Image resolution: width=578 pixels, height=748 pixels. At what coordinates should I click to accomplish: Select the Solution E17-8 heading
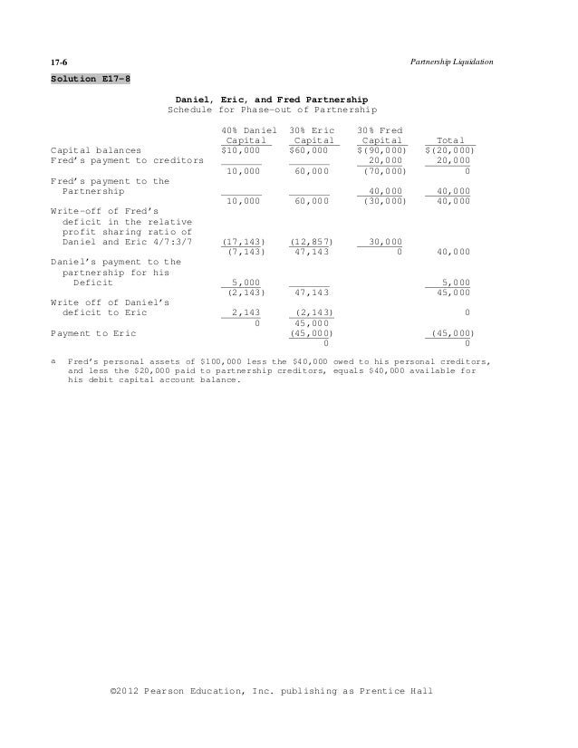90,78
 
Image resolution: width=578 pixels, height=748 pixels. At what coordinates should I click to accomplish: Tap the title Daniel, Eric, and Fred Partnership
271,97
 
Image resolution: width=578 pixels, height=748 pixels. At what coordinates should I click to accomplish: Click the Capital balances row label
95,149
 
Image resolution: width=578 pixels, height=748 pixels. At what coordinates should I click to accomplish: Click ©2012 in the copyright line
127,690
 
